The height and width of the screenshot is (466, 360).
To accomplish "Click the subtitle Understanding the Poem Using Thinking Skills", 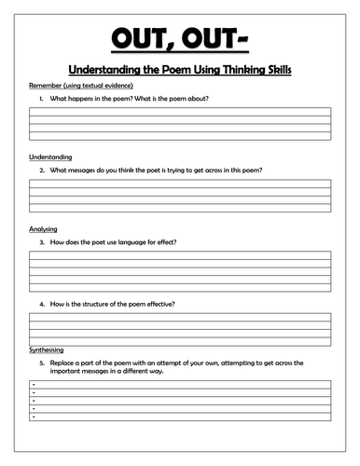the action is pyautogui.click(x=179, y=69).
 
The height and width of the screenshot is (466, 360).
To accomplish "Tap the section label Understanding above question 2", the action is pyautogui.click(x=50, y=157).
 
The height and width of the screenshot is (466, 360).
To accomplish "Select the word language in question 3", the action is pyautogui.click(x=137, y=241).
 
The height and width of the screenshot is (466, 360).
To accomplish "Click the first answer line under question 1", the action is pyautogui.click(x=179, y=111).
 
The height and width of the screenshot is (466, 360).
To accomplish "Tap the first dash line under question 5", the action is pyautogui.click(x=179, y=383).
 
